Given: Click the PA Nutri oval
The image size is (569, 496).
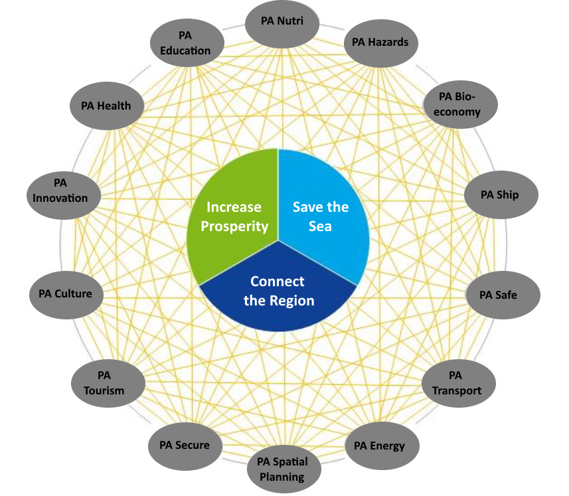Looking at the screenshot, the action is click(282, 23).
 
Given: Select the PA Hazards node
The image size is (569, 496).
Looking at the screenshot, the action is click(380, 43).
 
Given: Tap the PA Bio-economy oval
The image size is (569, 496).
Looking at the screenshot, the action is click(460, 104).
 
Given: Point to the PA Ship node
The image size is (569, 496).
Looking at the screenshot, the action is click(501, 195).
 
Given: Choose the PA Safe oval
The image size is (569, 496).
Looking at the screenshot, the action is click(503, 295).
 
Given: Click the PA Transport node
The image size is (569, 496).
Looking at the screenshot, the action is click(458, 383).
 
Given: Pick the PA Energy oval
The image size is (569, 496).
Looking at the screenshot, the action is click(382, 446).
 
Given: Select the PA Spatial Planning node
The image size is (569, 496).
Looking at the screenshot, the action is click(284, 469).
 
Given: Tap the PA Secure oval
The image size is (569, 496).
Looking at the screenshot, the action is click(185, 446).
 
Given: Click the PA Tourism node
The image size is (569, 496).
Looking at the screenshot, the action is click(108, 383).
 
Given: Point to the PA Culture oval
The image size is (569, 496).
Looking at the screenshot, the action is click(66, 295).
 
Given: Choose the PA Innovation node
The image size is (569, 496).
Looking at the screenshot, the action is click(64, 196).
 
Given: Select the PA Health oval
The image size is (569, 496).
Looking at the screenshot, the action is click(107, 106).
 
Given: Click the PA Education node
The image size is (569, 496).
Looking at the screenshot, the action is click(187, 42).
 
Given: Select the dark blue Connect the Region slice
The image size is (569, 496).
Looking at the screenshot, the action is click(278, 290).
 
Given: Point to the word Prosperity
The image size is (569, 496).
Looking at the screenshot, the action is click(234, 227).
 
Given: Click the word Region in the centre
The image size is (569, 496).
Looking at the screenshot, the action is click(293, 301).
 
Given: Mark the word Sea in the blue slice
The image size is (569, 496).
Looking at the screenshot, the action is click(320, 226).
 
